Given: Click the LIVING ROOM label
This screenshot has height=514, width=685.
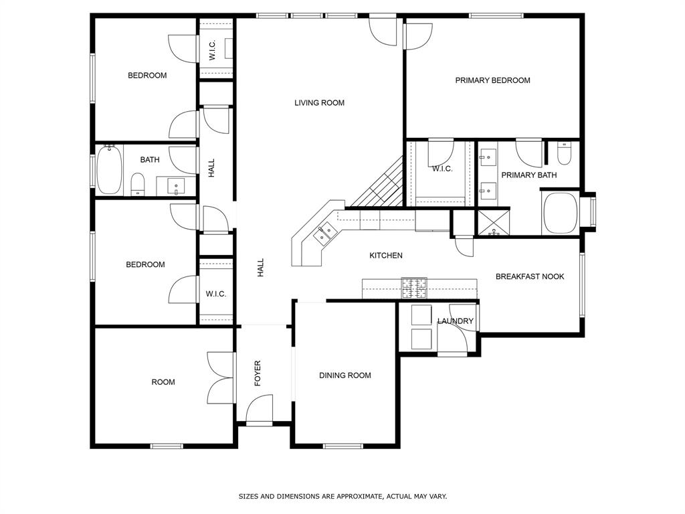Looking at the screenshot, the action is tap(319, 102).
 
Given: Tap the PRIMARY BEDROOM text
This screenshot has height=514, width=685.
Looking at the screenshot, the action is tap(493, 80).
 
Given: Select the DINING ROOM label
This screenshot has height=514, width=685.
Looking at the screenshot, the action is tap(345, 375).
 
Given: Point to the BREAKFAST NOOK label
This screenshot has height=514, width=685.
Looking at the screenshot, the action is tap(530, 276).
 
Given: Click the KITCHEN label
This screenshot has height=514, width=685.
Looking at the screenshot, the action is tap(386, 255).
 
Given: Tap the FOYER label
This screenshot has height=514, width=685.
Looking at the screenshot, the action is tap(258, 373).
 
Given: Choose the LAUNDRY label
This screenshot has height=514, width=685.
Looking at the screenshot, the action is tap(456, 321).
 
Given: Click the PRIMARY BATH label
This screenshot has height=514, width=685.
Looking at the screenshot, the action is tap(529, 175).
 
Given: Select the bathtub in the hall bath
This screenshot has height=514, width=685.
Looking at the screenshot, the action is tap(109, 169).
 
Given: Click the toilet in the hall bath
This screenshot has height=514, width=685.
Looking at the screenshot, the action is tap(138, 185).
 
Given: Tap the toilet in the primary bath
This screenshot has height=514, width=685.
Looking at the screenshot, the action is tap(564, 153).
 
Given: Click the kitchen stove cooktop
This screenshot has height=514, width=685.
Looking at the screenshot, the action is tap(415, 288).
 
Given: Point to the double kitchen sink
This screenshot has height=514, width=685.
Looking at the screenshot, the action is tap(324, 234).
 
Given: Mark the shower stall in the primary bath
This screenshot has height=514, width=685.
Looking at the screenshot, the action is tap(493, 223).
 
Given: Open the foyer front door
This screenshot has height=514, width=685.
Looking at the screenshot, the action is tap(260, 410).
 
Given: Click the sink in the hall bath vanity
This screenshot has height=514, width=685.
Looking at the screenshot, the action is tap(176, 186).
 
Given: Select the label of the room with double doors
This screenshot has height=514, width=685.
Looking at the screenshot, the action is tap(163, 382).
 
